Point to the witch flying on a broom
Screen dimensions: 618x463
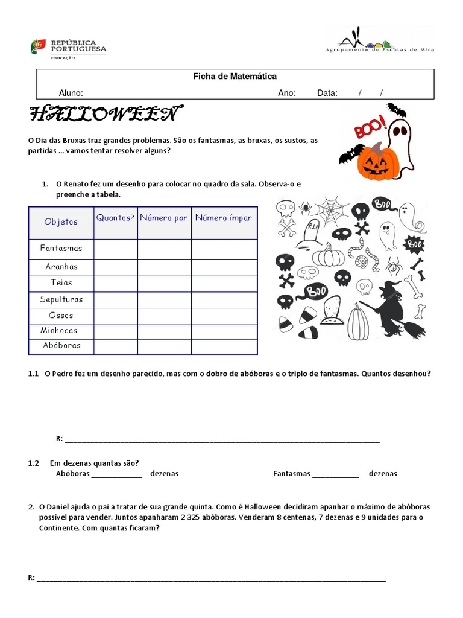[x=390, y=308]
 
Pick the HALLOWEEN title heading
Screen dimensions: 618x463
[x=103, y=113]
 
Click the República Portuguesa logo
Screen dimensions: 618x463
[x=68, y=47]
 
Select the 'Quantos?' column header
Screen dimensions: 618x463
[x=115, y=218]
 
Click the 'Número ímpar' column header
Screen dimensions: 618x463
[x=224, y=218]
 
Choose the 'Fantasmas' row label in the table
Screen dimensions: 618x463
[x=61, y=248]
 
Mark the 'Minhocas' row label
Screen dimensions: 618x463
[x=59, y=331]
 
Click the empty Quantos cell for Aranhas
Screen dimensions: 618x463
[x=115, y=267]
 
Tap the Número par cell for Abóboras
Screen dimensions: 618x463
[x=164, y=346]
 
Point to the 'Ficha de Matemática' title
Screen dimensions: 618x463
[x=235, y=77]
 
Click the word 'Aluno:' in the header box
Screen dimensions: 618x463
[x=71, y=93]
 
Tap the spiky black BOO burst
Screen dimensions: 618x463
[x=413, y=244]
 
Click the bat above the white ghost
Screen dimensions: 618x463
[x=396, y=109]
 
